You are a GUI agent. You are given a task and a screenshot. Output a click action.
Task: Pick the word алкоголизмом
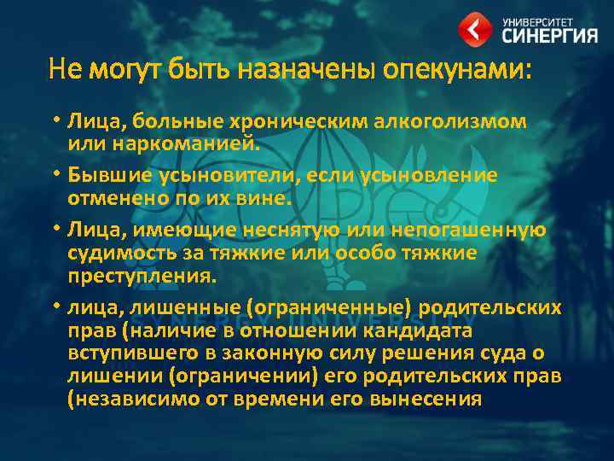454,121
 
